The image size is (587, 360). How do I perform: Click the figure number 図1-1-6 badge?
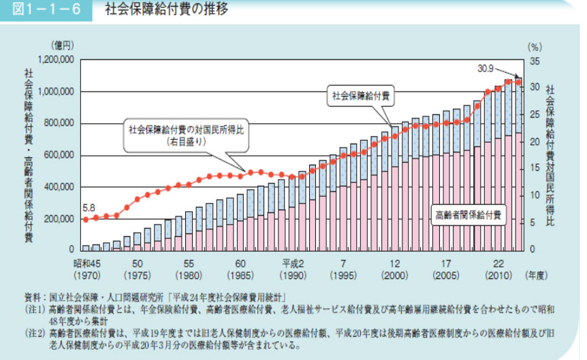[47, 10]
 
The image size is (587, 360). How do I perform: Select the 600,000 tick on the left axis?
[59, 155]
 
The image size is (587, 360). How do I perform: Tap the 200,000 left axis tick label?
[59, 218]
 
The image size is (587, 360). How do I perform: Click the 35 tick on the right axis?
[534, 61]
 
